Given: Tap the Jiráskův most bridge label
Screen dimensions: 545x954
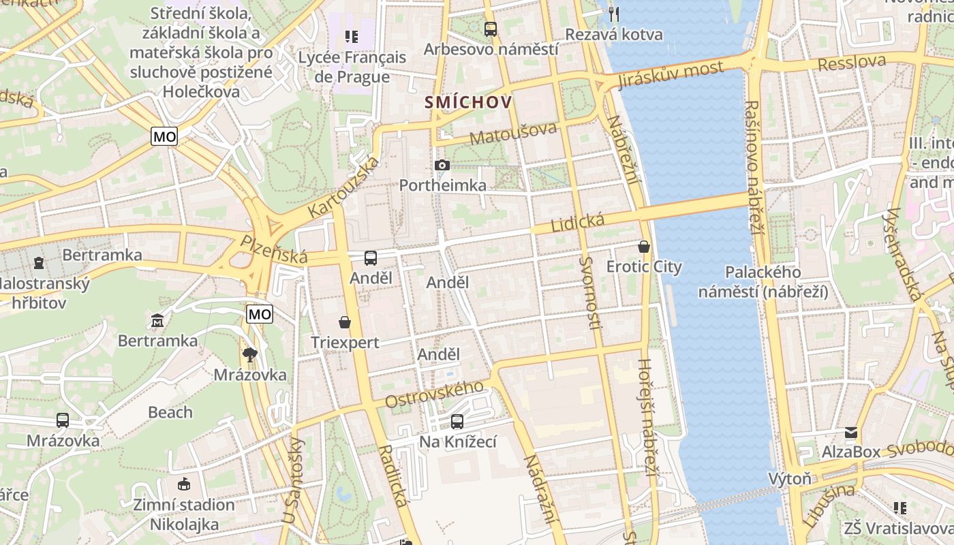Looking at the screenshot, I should point(671,74).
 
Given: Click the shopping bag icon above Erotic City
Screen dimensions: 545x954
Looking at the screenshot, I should point(644,247).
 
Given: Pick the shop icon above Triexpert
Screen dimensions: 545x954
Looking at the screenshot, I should point(345,322).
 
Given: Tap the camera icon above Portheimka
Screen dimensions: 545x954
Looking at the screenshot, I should point(442,165).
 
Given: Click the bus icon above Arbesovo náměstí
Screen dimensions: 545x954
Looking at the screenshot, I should point(490,29).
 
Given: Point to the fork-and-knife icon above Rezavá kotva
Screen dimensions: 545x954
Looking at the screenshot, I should point(614,14).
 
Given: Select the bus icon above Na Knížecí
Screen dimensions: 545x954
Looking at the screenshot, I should point(457,422).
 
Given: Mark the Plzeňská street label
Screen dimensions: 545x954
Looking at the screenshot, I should point(273,249).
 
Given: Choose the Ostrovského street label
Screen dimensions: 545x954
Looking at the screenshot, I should point(434,394).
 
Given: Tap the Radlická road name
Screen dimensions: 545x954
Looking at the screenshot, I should point(394,476).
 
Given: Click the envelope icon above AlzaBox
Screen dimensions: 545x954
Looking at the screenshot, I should point(851,433).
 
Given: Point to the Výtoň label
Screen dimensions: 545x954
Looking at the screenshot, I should point(790,478).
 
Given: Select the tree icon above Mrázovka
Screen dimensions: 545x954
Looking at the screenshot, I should point(250,354).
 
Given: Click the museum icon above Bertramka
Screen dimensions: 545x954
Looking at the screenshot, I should point(158,320).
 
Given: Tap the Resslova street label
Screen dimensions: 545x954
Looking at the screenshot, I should point(852,63).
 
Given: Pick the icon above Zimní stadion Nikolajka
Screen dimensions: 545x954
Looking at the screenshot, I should point(183,484).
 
